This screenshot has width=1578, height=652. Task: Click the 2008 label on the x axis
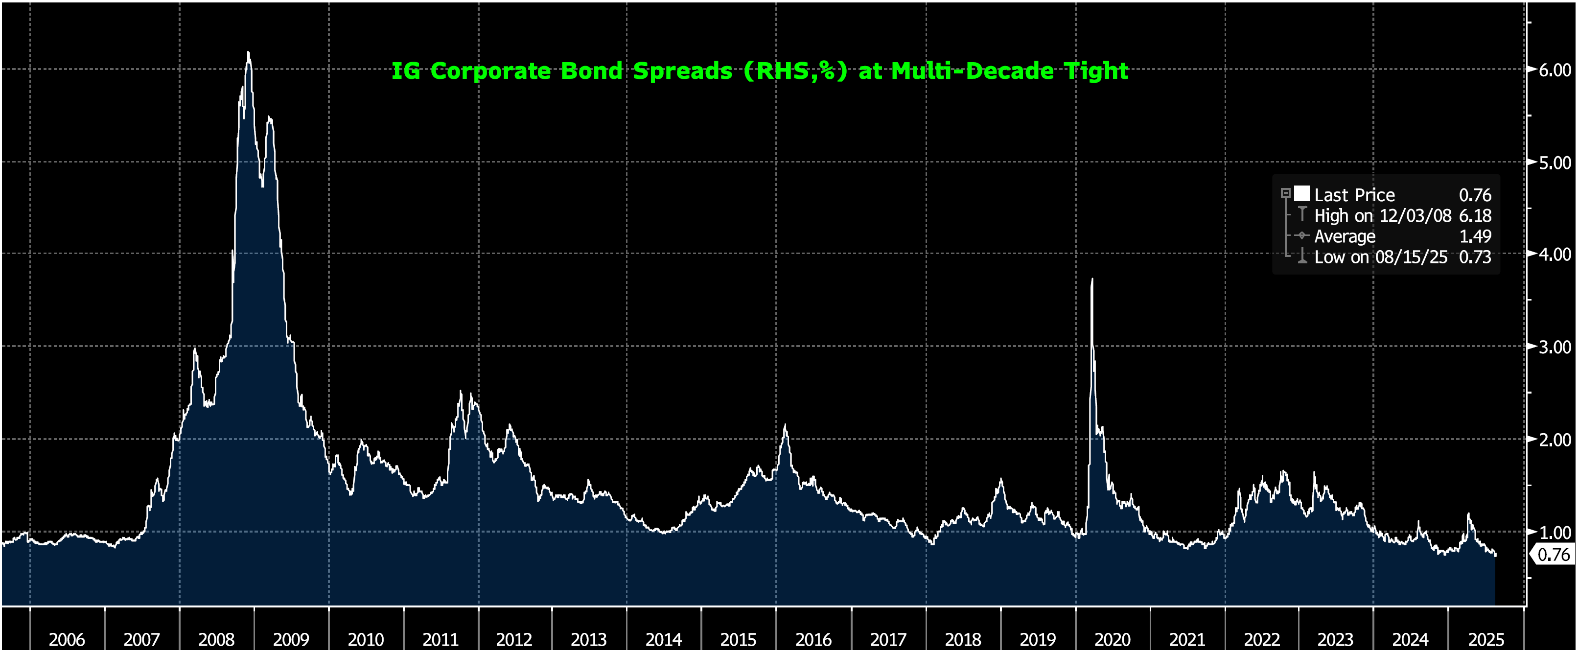click(x=216, y=639)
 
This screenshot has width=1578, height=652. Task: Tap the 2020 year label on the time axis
click(x=1113, y=639)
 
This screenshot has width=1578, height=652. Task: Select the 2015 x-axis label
click(x=738, y=639)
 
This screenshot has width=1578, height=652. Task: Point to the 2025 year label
click(x=1486, y=639)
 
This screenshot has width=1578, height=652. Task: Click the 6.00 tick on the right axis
click(x=1555, y=70)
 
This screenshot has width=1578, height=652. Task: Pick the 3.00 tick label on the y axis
click(x=1555, y=347)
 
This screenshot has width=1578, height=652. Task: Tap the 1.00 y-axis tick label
click(x=1555, y=532)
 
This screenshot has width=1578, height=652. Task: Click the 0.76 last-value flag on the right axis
click(x=1554, y=555)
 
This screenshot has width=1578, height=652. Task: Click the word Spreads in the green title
click(x=682, y=71)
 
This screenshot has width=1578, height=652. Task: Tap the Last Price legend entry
click(x=1354, y=195)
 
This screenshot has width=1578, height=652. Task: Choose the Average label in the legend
click(x=1345, y=236)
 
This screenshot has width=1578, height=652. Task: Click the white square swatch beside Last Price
click(x=1302, y=194)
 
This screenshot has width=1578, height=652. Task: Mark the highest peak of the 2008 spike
click(x=248, y=53)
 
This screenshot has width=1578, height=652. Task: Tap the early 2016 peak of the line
click(x=785, y=425)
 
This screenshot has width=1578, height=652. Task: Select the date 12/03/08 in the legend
click(x=1415, y=216)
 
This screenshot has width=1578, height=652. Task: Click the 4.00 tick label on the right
click(x=1555, y=255)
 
